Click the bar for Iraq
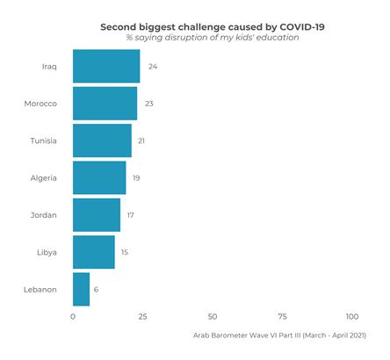[x=105, y=67]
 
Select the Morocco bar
[x=105, y=104]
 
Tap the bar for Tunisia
[x=102, y=140]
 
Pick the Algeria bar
[x=98, y=177]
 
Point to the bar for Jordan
[x=96, y=215]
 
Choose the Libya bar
[x=93, y=252]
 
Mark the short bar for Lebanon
[x=81, y=289]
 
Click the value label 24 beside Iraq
[x=153, y=67]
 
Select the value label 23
[x=149, y=104]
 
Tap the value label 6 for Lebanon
[x=96, y=289]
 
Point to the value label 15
[x=125, y=252]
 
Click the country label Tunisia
[x=43, y=140]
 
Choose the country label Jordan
[x=44, y=215]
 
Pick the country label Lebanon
[x=40, y=289]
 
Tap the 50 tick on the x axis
[x=213, y=316]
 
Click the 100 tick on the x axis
[x=352, y=316]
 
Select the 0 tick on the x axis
[x=73, y=316]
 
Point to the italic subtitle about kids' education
[x=212, y=38]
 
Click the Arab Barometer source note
[x=278, y=335]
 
